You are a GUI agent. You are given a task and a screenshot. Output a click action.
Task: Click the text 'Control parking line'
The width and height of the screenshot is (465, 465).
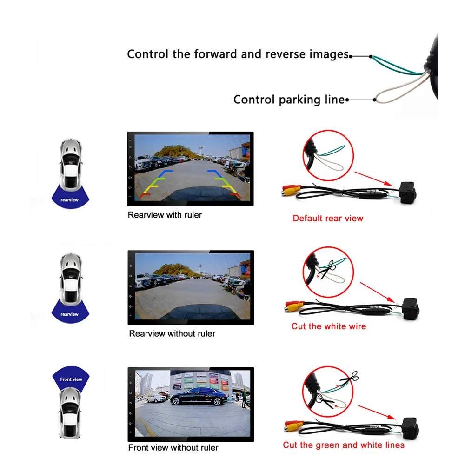pos(289,100)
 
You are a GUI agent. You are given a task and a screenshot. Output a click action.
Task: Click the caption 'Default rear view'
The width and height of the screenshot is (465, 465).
pos(328,218)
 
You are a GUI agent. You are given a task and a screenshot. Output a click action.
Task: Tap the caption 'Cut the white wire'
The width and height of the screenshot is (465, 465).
pos(329,326)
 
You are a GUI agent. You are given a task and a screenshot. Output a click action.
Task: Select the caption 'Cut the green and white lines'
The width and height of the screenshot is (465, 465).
pos(344,445)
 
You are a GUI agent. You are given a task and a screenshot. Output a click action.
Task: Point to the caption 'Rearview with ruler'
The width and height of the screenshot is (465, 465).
pos(165,215)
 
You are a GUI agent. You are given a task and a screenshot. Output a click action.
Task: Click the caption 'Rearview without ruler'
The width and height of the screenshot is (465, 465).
pos(172,333)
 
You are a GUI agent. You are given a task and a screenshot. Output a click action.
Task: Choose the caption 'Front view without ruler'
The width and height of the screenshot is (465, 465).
pos(173,448)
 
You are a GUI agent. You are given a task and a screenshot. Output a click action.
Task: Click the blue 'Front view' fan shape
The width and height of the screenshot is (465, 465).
pos(71,377)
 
